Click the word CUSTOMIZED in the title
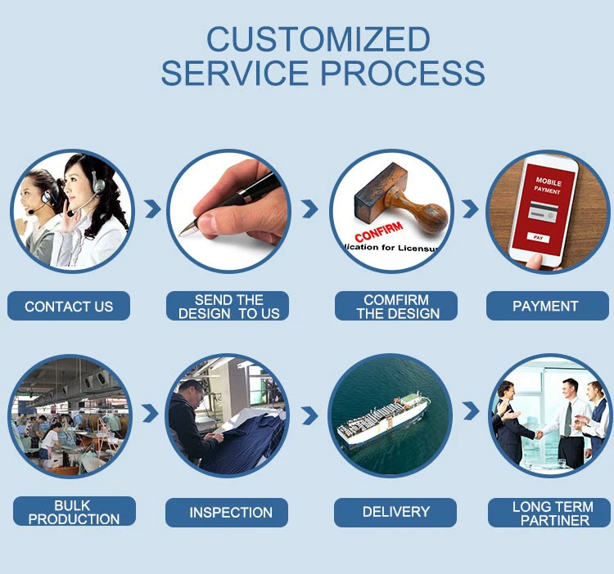pyautogui.click(x=318, y=39)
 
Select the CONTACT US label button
pyautogui.click(x=69, y=307)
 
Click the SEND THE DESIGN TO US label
pyautogui.click(x=228, y=307)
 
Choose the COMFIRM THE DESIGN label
pyautogui.click(x=396, y=307)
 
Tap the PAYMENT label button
pyautogui.click(x=545, y=307)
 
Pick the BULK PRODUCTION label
pyautogui.click(x=74, y=512)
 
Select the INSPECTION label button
pyautogui.click(x=231, y=513)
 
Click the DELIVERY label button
pyautogui.click(x=396, y=512)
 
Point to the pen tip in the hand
pyautogui.click(x=183, y=232)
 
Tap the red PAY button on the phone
pyautogui.click(x=538, y=237)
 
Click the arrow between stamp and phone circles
pyautogui.click(x=469, y=209)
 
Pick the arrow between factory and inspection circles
pyautogui.click(x=150, y=414)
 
